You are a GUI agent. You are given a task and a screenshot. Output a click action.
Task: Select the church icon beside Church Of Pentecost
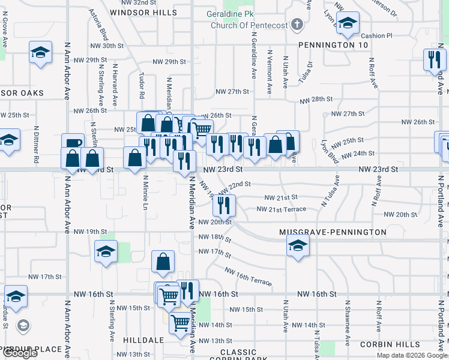coord(296,25)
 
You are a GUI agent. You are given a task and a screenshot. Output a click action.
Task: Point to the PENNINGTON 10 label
coord(333,45)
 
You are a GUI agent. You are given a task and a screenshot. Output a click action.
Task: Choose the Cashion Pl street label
coord(376,36)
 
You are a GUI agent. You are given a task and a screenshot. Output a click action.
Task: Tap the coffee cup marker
coord(73,144)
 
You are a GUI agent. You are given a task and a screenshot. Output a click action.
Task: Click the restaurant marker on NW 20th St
coord(224,206)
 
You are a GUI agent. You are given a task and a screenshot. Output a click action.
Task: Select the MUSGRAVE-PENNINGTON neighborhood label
coord(333,232)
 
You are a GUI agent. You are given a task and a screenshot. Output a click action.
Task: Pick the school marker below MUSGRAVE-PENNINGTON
coord(297,245)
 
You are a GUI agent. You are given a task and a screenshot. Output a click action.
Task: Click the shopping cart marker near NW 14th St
coord(180,323)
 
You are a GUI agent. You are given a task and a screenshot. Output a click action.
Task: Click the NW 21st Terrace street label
coord(281,209)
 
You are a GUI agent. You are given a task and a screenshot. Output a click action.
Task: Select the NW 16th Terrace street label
coord(249,277)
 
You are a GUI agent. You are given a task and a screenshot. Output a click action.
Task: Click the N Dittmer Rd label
coord(37,145)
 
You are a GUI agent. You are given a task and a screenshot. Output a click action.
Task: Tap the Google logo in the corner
coord(20,353)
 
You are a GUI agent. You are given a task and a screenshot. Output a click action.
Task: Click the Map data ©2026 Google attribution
coord(412,355)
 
